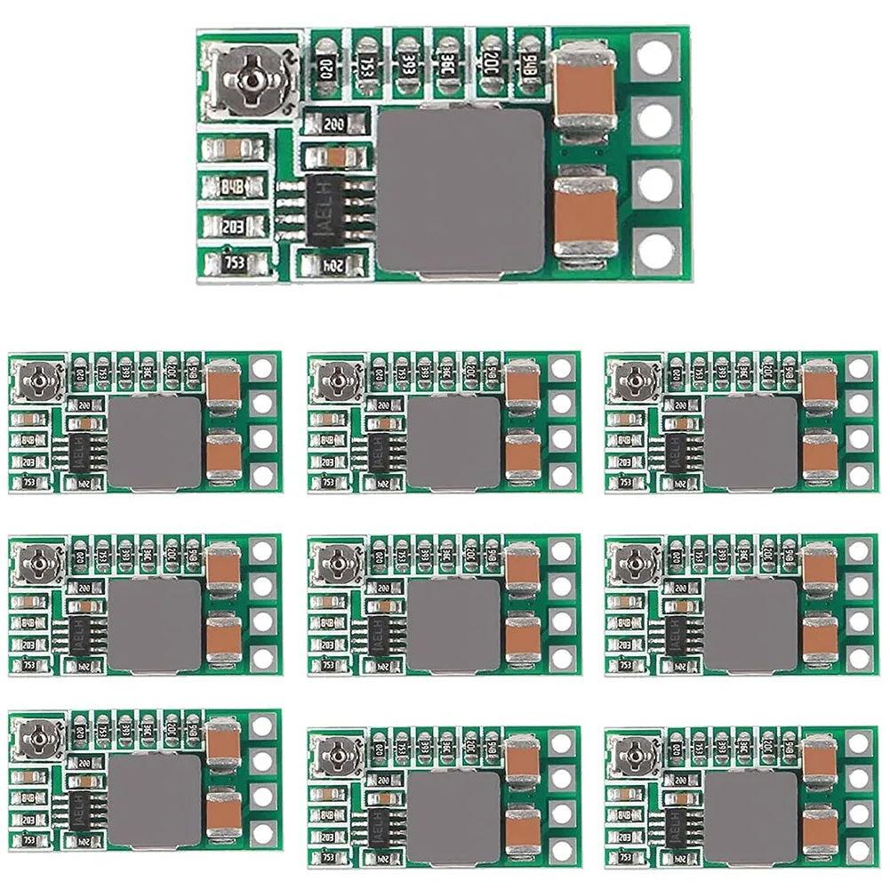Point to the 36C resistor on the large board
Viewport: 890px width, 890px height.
(447, 68)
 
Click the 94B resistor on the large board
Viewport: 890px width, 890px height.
(530, 68)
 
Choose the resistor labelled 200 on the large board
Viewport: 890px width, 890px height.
(335, 123)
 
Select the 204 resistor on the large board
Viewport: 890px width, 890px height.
(332, 264)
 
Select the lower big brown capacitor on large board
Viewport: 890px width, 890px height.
(585, 214)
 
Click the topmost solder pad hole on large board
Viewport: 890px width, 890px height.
(655, 58)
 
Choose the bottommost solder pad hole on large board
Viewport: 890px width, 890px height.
(655, 251)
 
